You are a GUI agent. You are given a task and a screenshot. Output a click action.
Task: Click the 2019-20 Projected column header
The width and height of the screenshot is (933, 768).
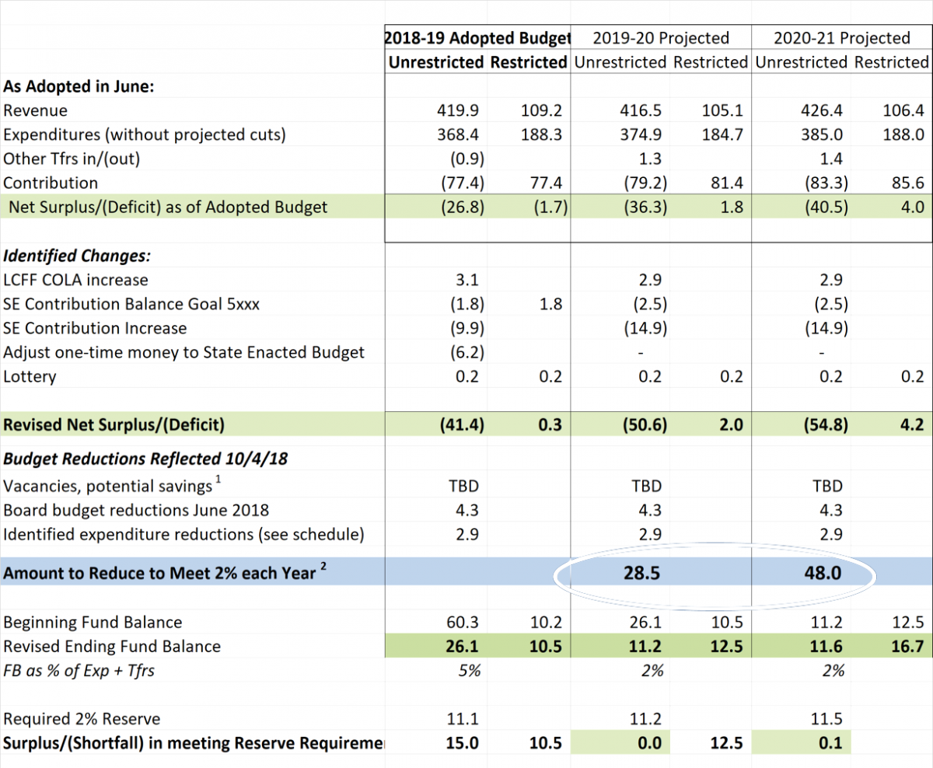tap(661, 38)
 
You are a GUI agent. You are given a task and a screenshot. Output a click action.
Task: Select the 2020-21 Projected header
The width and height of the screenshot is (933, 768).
tap(842, 38)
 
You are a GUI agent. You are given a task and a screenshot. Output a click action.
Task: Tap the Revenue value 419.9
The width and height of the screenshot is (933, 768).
tap(458, 110)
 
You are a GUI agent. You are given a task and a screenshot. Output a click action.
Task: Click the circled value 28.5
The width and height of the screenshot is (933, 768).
tap(641, 573)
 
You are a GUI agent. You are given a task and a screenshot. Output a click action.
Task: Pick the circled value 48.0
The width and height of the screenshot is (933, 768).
tap(823, 573)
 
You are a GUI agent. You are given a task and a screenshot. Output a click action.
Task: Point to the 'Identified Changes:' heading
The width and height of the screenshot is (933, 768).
tap(77, 256)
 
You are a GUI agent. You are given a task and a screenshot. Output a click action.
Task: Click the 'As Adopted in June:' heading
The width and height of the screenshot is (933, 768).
tap(79, 86)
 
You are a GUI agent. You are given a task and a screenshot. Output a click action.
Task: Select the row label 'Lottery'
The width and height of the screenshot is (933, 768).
tap(30, 376)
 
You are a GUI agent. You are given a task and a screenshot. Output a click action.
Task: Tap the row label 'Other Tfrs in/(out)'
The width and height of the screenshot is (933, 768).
tap(72, 159)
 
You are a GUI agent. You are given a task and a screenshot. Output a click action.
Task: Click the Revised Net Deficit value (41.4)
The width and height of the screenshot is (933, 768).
tap(463, 424)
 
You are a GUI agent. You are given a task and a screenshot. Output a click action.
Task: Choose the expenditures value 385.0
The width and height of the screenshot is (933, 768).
tap(822, 134)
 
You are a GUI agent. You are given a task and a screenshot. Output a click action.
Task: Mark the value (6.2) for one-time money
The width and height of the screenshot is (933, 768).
tap(467, 353)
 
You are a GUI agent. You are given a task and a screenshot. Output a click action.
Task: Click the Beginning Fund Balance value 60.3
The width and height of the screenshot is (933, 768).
tap(463, 623)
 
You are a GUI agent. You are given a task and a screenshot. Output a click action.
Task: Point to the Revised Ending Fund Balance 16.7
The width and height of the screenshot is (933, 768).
tap(908, 646)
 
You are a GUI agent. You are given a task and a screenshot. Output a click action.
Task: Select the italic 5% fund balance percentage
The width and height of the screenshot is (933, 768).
tap(470, 671)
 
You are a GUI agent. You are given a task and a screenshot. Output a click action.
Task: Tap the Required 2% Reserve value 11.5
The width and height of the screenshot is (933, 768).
tap(826, 719)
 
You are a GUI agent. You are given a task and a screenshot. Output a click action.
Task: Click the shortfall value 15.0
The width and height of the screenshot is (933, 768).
tap(463, 743)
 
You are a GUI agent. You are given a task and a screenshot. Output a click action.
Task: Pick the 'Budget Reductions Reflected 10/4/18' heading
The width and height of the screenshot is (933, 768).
tap(145, 459)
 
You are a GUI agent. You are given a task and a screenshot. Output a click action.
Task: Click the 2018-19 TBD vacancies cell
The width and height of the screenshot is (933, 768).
tap(464, 486)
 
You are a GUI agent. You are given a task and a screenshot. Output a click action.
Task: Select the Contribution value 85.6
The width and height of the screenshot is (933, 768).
tap(908, 183)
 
